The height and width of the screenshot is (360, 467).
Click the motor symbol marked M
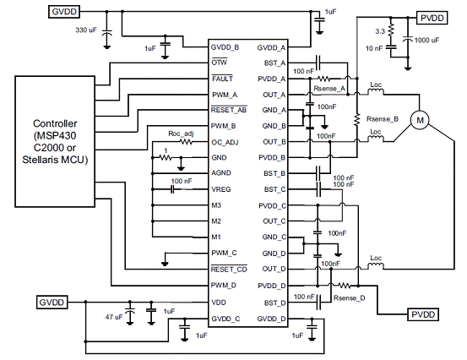coord(420,120)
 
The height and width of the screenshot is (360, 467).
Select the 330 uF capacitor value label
coord(86,30)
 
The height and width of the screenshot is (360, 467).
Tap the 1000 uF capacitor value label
coord(426,41)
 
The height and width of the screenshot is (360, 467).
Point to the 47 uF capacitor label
coord(114,317)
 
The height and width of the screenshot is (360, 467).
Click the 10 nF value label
coord(374,48)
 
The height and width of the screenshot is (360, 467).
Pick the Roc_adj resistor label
coord(181,134)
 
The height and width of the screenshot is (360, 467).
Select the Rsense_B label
coord(383,119)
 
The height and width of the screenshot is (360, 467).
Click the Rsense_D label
coord(350,298)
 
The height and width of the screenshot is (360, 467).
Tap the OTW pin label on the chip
coord(220,63)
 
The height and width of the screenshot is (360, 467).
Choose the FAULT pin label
coord(222,79)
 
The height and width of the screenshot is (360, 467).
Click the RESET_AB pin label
coord(229,110)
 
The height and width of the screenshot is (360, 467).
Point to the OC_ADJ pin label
coord(225,143)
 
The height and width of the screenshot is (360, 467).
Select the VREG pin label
coord(221,189)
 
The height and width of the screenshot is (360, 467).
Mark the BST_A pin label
coord(274,63)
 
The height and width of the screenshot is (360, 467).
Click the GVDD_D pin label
coord(271,319)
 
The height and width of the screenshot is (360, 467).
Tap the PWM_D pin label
coord(224,286)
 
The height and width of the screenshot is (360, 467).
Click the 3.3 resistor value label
coord(380,31)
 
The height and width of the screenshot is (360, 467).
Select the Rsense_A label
coord(329,89)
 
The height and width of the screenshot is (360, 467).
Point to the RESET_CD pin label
coord(229,269)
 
